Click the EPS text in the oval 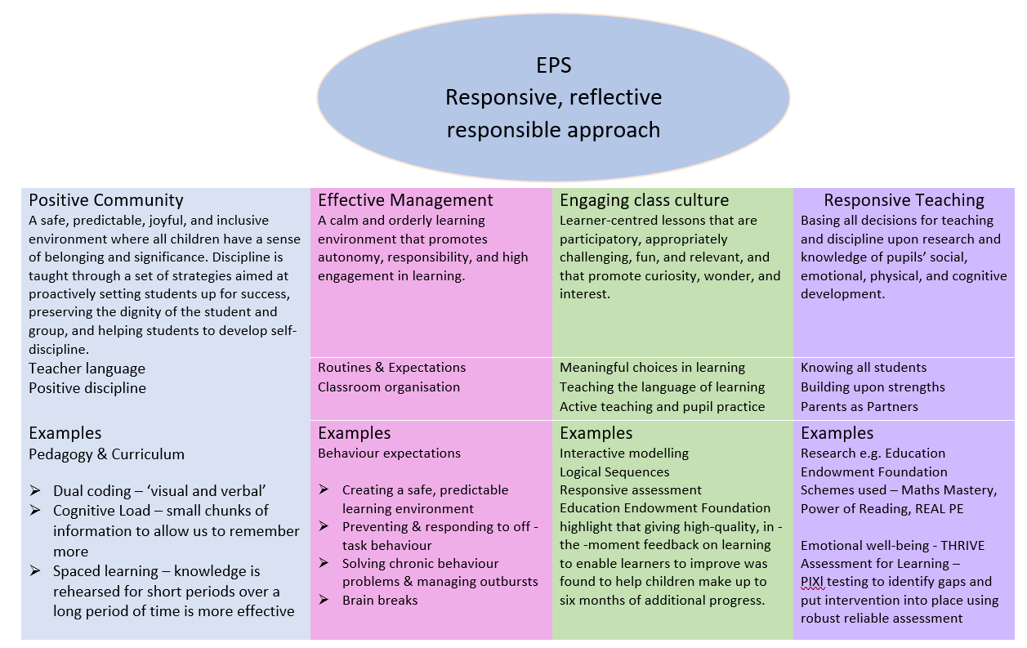coord(553,65)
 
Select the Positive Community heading coord(106,200)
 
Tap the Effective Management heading coord(405,200)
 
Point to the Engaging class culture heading coord(645,200)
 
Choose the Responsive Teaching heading coord(904,200)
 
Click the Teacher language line coord(87,369)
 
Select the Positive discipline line coord(87,388)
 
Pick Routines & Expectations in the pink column coord(391,368)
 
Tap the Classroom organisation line coord(389,387)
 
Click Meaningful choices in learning coord(652,368)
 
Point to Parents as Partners coord(859,407)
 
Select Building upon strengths coord(873,387)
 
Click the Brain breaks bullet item coord(379,601)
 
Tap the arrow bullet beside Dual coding coord(35,491)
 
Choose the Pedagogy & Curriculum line coord(106,454)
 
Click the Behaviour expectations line coord(389,454)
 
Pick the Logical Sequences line coord(614,472)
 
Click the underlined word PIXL coord(815,582)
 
